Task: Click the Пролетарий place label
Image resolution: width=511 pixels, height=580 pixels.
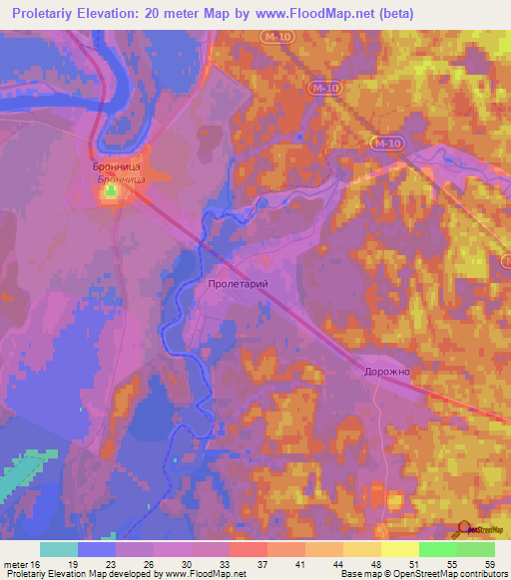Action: (x=238, y=284)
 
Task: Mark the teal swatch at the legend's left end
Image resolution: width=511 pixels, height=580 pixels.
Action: (x=58, y=548)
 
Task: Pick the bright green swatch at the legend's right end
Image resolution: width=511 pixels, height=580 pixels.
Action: (x=475, y=548)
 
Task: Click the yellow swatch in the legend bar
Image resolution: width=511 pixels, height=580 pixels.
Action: (x=399, y=548)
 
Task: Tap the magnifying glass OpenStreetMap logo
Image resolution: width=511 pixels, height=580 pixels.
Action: (x=462, y=529)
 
